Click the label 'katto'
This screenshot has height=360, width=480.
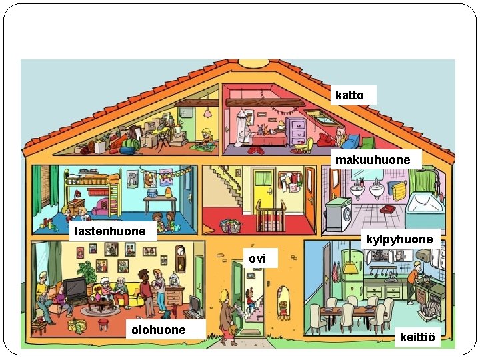(350, 95)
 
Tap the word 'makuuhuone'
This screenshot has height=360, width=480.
(373, 160)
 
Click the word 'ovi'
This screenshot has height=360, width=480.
(257, 258)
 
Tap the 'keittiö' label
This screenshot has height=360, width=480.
(417, 338)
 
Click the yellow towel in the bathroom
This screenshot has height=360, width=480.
(399, 192)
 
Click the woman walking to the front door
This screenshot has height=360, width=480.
(227, 313)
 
